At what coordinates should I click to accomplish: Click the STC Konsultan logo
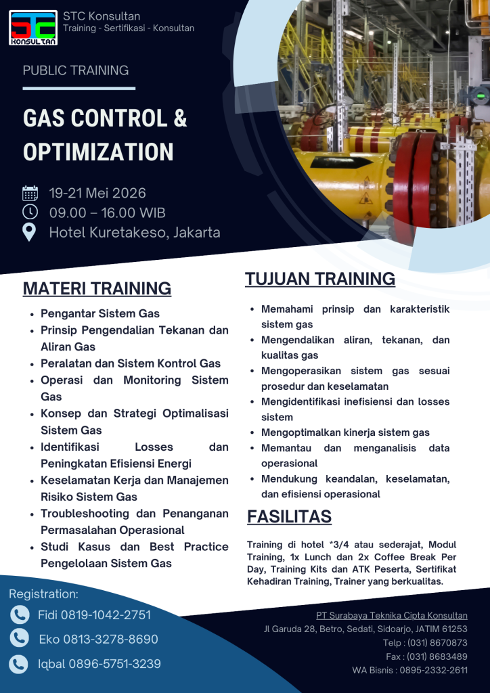(x=33, y=28)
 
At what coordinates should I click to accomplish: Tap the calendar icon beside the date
(x=30, y=194)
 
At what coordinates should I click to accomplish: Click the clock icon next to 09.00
(x=30, y=213)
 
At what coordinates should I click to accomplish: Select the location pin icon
(x=30, y=232)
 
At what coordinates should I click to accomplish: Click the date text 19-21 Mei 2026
(x=97, y=194)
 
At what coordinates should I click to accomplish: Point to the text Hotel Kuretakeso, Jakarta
(x=135, y=232)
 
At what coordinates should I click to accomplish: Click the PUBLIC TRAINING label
(x=76, y=70)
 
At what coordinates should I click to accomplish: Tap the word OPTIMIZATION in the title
(x=98, y=152)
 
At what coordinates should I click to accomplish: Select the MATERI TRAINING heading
(x=97, y=288)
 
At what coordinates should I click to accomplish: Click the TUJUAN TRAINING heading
(x=320, y=279)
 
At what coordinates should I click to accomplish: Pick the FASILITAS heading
(x=289, y=517)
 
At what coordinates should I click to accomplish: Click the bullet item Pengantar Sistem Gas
(x=100, y=313)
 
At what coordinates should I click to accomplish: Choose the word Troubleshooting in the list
(x=85, y=514)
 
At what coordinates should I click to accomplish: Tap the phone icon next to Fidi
(x=20, y=614)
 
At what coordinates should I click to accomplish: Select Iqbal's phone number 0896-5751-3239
(x=114, y=664)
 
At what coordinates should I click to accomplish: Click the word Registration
(x=43, y=594)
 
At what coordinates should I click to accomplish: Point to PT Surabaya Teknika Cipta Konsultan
(x=391, y=615)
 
